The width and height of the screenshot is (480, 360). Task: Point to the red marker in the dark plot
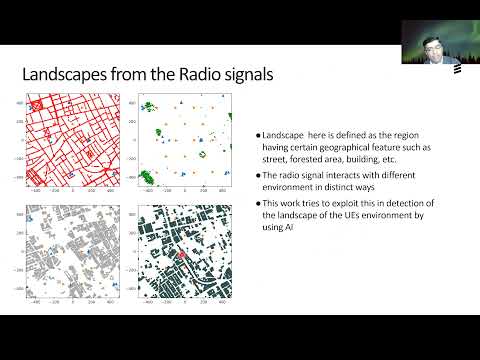183,257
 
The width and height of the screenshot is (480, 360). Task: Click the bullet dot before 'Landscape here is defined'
257,135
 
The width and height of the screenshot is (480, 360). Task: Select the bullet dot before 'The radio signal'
257,175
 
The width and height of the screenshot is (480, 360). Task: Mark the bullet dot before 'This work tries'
257,204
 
